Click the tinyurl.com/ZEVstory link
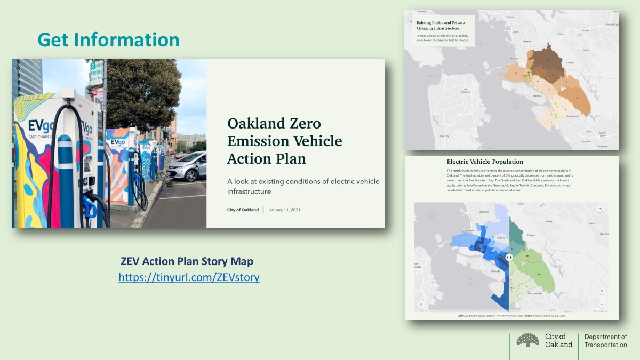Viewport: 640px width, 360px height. pos(189,277)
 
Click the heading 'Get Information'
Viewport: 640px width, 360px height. pos(108,40)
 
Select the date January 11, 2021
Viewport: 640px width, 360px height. pos(284,210)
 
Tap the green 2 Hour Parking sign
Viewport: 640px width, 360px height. pos(96,73)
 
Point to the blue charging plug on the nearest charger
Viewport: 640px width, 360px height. pos(89,205)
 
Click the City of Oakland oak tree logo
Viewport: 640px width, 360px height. pos(527,341)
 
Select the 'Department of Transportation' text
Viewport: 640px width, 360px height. pos(605,341)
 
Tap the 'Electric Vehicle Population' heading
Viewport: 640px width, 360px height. pos(485,162)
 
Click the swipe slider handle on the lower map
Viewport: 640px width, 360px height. pos(509,257)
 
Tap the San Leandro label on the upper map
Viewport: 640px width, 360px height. pos(572,116)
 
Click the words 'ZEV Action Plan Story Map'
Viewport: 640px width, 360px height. pos(187,262)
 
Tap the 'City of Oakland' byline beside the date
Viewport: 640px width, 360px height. pos(243,210)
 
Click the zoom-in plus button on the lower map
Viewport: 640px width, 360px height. pos(602,298)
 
